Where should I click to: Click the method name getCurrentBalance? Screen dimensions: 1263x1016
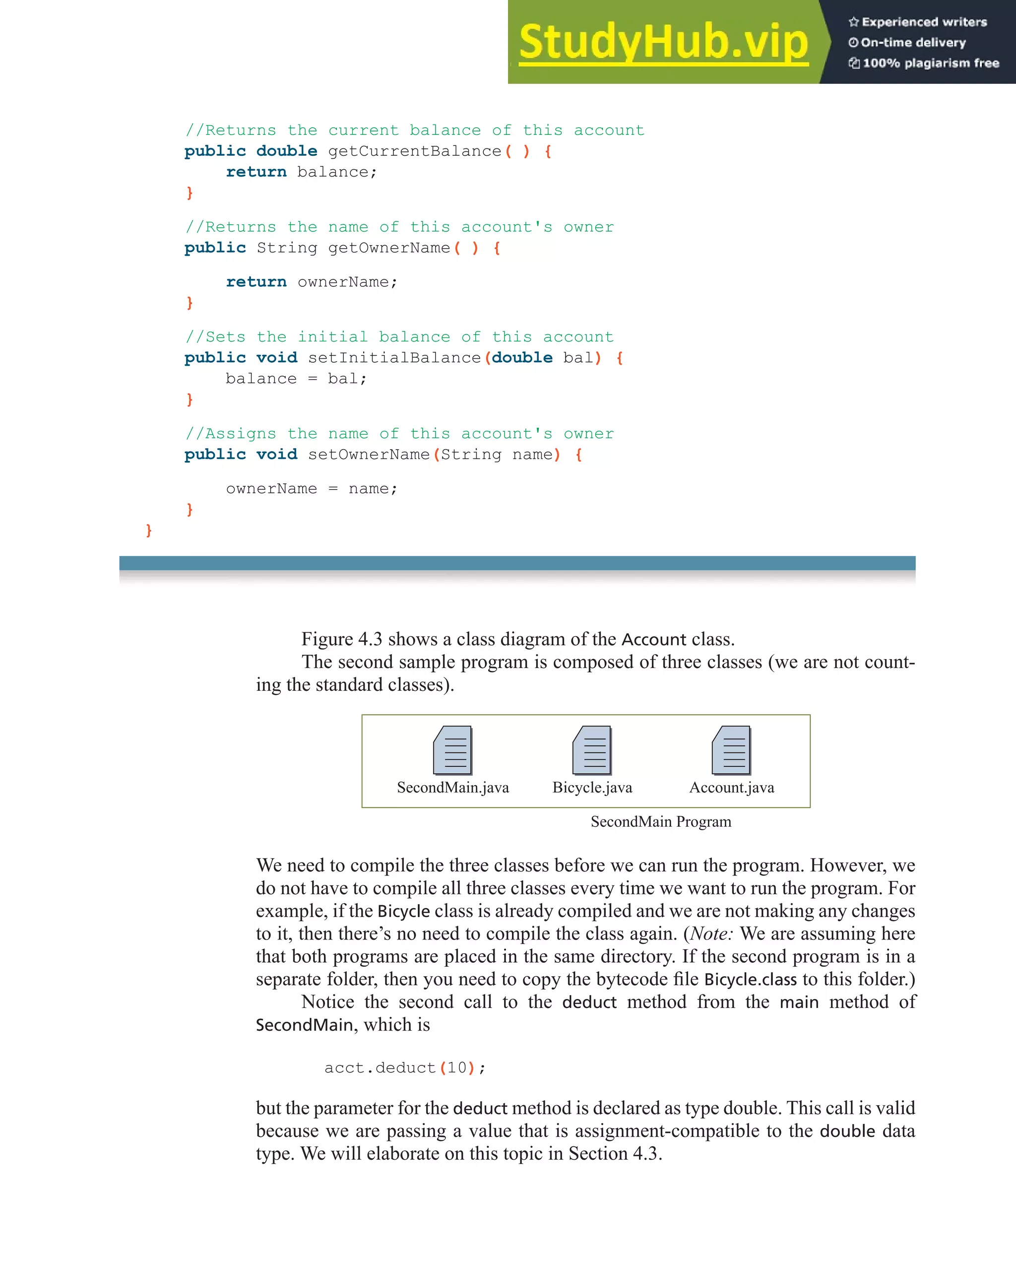point(415,151)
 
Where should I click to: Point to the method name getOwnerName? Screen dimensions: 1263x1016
point(389,248)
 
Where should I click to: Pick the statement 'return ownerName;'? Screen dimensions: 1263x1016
point(312,282)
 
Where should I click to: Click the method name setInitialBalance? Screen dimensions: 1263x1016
point(394,358)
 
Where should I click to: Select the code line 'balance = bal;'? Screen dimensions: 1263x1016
point(296,379)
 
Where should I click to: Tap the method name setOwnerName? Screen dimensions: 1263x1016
point(368,455)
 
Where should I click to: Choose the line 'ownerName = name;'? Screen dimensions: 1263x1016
point(312,488)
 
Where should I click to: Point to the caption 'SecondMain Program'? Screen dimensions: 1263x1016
point(660,822)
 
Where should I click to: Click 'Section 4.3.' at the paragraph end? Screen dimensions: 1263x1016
point(615,1153)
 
